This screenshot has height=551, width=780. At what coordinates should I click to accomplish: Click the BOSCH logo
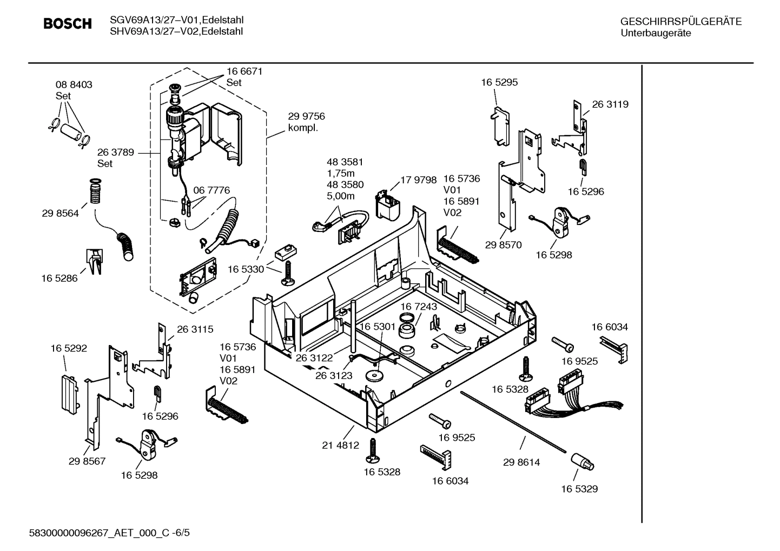click(67, 24)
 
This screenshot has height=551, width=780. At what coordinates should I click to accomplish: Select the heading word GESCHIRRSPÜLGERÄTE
click(680, 22)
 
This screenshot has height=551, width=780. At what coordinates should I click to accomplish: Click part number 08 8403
click(74, 85)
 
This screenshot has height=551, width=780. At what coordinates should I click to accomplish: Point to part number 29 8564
click(60, 214)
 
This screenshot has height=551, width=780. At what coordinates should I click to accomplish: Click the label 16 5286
click(59, 278)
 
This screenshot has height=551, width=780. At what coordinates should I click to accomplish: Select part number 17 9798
click(418, 180)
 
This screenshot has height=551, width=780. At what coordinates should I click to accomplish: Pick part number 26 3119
click(610, 104)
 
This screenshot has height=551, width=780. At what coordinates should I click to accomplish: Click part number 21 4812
click(340, 446)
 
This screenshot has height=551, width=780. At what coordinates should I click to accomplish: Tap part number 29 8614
click(521, 462)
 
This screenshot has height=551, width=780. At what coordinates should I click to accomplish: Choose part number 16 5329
click(579, 489)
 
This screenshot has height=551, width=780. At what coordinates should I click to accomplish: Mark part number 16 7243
click(419, 307)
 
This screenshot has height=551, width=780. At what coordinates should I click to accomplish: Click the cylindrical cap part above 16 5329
click(582, 463)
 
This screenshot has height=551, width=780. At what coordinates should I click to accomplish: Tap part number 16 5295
click(499, 83)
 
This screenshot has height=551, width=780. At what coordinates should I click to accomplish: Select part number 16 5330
click(246, 269)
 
